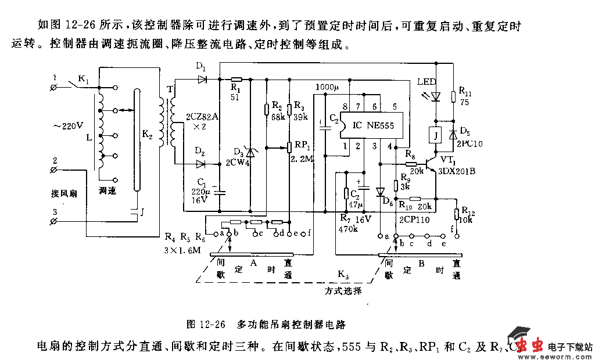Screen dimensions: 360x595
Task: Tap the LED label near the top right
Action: click(427, 83)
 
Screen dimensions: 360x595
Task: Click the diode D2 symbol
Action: click(201, 164)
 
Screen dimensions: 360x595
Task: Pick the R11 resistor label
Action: click(465, 91)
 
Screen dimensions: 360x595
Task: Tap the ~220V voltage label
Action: click(69, 125)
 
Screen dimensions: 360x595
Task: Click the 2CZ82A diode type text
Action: click(202, 116)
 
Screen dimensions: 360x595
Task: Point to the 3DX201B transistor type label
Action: click(456, 171)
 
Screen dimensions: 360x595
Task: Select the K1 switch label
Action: click(84, 81)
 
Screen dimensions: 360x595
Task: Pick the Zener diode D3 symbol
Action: click(251, 153)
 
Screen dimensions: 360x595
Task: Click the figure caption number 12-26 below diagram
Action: click(212, 324)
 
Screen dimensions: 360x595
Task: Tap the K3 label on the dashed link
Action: click(343, 273)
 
